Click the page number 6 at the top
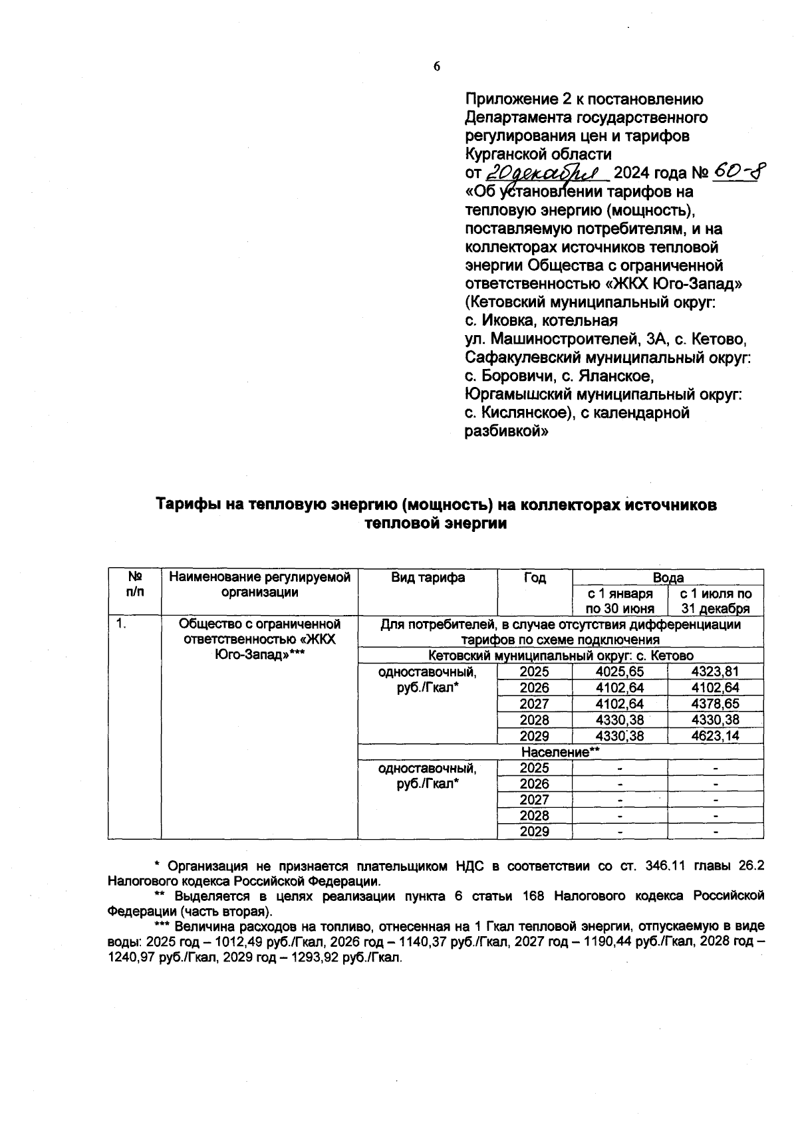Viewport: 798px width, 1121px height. (x=436, y=66)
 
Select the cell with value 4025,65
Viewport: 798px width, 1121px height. (x=620, y=672)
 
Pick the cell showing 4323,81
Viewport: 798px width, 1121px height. (x=715, y=672)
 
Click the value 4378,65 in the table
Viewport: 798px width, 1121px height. (x=715, y=704)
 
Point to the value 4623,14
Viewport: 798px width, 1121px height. (x=715, y=736)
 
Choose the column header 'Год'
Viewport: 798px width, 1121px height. (x=534, y=578)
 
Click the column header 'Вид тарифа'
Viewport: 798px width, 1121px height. (x=428, y=578)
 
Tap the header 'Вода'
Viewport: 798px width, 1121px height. (x=668, y=578)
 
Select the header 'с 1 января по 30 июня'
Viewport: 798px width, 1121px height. (x=620, y=601)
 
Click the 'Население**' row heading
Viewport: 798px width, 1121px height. (x=561, y=753)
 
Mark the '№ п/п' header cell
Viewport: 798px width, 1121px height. (x=134, y=584)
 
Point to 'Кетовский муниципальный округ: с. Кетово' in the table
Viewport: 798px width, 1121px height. (x=561, y=656)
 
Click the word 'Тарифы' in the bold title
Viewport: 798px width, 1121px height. (x=184, y=505)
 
